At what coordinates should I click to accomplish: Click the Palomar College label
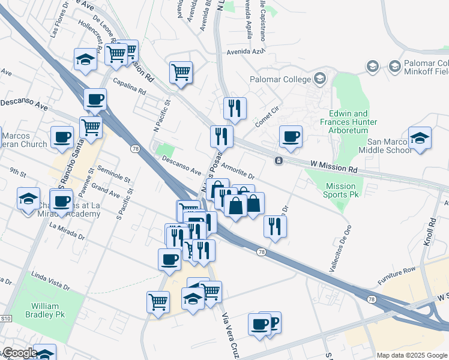(x=280, y=79)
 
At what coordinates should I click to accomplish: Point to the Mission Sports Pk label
(x=340, y=190)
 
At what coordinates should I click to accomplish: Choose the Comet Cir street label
(x=268, y=113)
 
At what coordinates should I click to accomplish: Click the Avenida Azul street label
(x=246, y=52)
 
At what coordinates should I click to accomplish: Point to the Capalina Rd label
(x=128, y=88)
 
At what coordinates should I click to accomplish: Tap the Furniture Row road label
(x=397, y=277)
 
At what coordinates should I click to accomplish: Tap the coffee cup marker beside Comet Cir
(x=291, y=136)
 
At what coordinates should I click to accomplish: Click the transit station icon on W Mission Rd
(x=279, y=161)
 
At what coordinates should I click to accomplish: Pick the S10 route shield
(x=6, y=319)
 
